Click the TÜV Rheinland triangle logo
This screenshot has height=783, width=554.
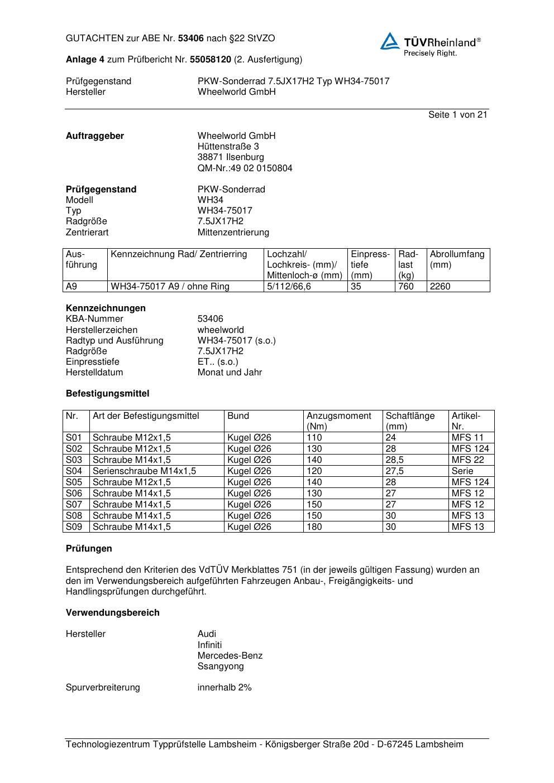(390, 41)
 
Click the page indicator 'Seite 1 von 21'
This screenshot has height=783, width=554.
(457, 115)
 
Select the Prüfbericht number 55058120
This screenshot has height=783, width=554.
(211, 60)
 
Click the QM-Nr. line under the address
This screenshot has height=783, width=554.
(245, 168)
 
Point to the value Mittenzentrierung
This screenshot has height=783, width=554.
(233, 233)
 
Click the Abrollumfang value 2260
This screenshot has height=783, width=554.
(440, 287)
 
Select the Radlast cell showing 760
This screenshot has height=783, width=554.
(406, 287)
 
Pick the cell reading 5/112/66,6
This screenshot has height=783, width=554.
(289, 287)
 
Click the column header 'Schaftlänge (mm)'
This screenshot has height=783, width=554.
(410, 421)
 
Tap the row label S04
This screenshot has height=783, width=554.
(74, 471)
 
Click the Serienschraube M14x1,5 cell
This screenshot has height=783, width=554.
(144, 471)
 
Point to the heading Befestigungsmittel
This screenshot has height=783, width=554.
(107, 394)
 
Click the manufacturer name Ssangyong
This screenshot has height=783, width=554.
(221, 666)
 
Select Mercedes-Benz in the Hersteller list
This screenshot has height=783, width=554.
(230, 656)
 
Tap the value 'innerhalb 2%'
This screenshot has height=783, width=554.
(225, 688)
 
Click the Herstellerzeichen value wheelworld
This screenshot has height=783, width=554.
(221, 330)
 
